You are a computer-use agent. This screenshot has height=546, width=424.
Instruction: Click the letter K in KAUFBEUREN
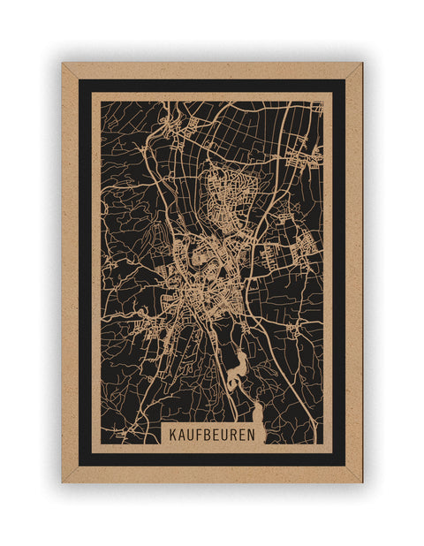pos(175,435)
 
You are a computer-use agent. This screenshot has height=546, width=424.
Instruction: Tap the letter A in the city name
pos(184,435)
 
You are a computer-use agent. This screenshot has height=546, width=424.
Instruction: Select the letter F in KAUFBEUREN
pos(202,435)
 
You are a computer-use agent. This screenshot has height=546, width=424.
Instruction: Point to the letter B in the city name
pos(211,435)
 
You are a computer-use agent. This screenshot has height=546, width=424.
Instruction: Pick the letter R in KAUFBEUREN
pos(238,435)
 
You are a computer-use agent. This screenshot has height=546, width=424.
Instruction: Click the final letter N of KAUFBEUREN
pos(255,435)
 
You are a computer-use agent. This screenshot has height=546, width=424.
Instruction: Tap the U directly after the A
pos(193,435)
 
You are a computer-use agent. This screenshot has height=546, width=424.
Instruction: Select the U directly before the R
pos(229,435)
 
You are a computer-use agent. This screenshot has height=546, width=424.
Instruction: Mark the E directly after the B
pos(220,435)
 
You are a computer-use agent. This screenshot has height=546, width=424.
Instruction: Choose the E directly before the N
pos(246,435)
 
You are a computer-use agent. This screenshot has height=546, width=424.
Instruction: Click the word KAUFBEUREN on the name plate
pos(215,435)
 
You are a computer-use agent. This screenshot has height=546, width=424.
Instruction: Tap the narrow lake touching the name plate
pos(260,415)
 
